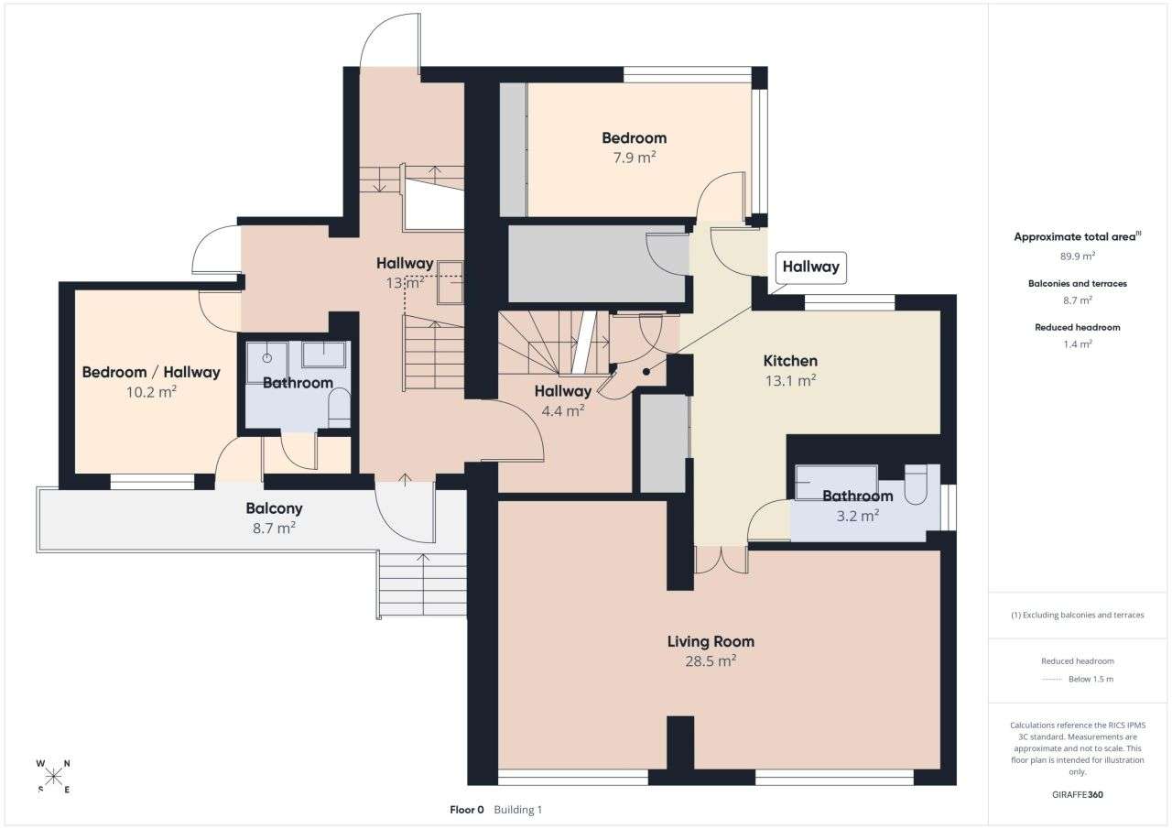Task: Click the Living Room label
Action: [711, 641]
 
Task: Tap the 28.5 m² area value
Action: [711, 660]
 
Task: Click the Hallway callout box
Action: [810, 267]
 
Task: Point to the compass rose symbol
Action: [54, 776]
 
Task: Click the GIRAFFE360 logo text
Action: [1077, 794]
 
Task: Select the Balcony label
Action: [274, 508]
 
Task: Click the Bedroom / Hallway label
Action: [151, 372]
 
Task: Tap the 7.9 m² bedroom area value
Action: [634, 158]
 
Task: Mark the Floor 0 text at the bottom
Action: [467, 810]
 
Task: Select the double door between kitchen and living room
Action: [721, 559]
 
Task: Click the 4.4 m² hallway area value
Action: [562, 411]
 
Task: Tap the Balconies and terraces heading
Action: [1077, 284]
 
